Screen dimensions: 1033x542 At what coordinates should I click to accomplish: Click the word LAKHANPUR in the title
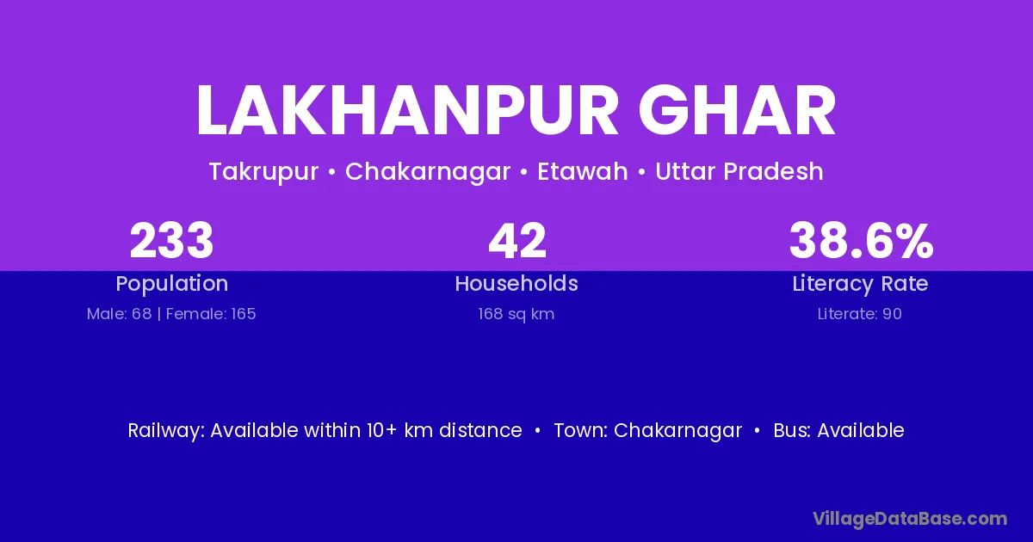[x=407, y=110]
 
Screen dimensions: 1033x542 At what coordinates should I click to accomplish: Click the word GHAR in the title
[x=737, y=110]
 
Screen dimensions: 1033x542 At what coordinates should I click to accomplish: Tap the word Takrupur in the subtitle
[x=263, y=172]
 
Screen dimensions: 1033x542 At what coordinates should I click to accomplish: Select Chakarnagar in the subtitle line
[x=428, y=172]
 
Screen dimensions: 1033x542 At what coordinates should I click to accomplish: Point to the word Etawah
[x=583, y=171]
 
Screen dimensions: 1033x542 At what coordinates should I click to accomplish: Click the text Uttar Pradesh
[x=739, y=171]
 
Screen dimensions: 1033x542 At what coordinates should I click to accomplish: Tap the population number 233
[x=171, y=241]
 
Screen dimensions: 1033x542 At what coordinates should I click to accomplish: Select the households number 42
[x=517, y=241]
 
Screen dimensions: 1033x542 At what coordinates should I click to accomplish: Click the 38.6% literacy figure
[x=861, y=241]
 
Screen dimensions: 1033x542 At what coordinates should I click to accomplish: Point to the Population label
[x=172, y=284]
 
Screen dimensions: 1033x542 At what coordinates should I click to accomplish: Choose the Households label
[x=516, y=283]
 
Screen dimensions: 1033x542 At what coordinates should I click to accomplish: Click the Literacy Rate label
[x=860, y=284]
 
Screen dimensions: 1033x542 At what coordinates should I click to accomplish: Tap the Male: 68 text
[x=119, y=314]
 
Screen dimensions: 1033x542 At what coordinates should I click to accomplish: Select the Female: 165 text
[x=211, y=314]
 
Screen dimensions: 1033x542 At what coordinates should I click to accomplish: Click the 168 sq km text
[x=516, y=314]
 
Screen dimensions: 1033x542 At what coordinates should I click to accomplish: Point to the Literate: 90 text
[x=860, y=314]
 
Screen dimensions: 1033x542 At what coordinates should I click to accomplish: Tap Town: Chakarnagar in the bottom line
[x=648, y=430]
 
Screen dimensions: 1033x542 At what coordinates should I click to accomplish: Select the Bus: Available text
[x=838, y=430]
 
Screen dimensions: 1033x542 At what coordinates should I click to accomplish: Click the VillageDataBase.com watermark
[x=910, y=519]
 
